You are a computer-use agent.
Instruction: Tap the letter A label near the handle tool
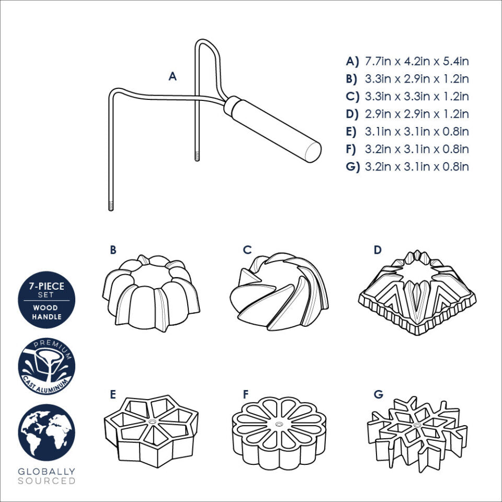click(173, 77)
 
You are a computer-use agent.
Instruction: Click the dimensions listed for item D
click(416, 114)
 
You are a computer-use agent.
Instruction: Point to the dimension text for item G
click(416, 167)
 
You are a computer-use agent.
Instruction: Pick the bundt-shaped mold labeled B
click(151, 293)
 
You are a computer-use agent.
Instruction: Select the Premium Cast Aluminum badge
click(47, 366)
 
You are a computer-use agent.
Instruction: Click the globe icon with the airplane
click(47, 432)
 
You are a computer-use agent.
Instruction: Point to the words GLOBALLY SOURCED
click(47, 476)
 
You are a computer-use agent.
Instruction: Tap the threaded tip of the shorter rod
click(198, 156)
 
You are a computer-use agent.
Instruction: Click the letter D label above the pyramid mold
click(377, 250)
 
